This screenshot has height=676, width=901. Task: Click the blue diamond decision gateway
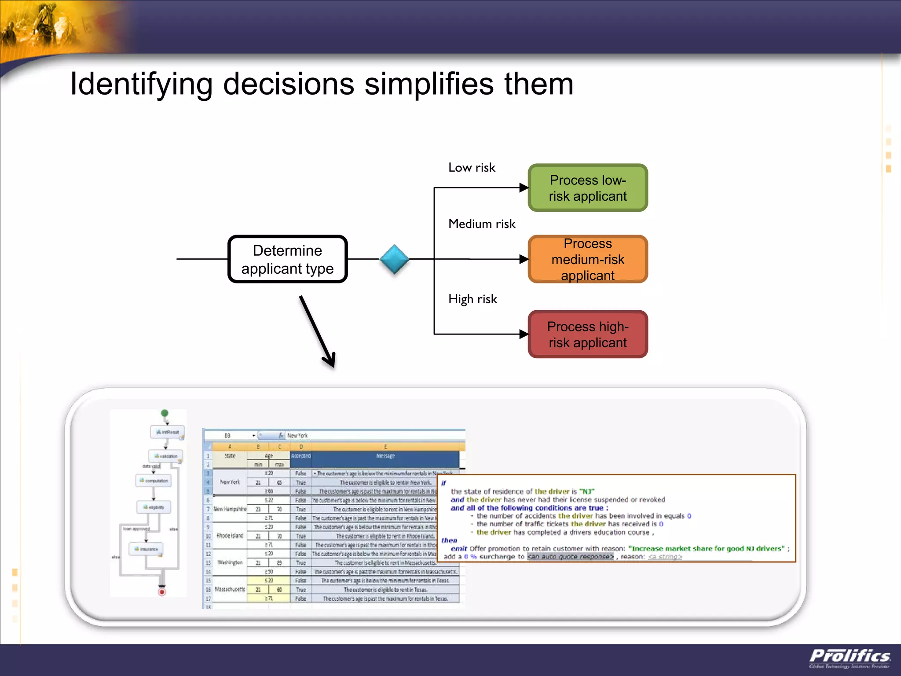(394, 259)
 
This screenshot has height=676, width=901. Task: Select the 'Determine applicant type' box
(288, 259)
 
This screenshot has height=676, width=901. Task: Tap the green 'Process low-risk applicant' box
(588, 188)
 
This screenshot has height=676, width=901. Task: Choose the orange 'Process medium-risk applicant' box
(588, 259)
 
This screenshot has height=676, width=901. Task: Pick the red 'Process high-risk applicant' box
(588, 334)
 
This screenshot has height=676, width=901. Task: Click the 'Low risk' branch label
(472, 168)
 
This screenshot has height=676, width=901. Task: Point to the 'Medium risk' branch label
(482, 224)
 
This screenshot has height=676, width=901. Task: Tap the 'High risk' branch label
(472, 299)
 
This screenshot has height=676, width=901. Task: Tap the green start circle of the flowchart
(165, 413)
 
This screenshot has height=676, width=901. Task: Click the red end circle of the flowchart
(162, 592)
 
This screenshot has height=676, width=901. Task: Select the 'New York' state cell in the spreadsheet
(230, 482)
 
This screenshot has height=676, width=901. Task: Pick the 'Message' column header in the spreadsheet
(385, 456)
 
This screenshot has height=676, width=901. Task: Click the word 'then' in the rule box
(449, 540)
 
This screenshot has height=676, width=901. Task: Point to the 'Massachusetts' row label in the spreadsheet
(230, 589)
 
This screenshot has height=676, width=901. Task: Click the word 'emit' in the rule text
(458, 548)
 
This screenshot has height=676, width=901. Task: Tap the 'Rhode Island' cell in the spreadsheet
(230, 536)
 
